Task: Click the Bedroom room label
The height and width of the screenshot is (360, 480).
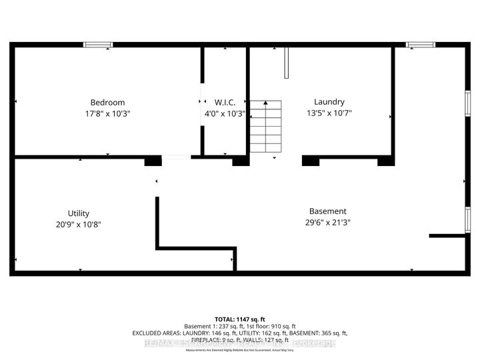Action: [x=107, y=102]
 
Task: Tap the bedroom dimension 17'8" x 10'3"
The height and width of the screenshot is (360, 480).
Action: [x=107, y=113]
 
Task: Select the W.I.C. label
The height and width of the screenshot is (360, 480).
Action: [x=225, y=102]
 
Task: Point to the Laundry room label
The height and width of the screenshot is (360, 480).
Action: [x=329, y=102]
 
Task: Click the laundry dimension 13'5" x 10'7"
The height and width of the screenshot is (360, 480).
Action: [x=329, y=113]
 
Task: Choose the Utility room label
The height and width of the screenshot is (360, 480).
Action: [x=79, y=213]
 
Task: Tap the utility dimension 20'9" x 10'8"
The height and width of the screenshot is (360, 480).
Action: [x=79, y=225]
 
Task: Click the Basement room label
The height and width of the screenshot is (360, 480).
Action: [x=327, y=211]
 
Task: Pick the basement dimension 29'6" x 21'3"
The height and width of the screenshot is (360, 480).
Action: [x=327, y=222]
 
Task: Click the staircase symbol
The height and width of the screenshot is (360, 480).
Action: [x=265, y=127]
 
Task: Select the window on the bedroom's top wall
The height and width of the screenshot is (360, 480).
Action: [x=98, y=45]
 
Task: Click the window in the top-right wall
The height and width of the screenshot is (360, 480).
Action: [x=419, y=45]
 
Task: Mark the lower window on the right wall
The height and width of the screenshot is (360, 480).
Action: [x=468, y=222]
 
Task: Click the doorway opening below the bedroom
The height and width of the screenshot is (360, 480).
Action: [x=177, y=157]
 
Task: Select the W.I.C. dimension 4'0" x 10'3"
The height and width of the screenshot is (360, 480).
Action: [x=225, y=113]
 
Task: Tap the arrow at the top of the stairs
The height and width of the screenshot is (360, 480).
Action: [x=265, y=104]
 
